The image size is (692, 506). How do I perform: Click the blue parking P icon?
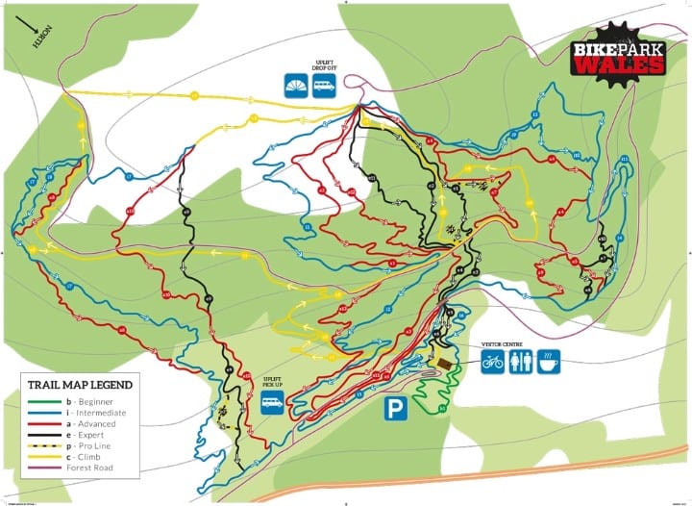[x=396, y=408]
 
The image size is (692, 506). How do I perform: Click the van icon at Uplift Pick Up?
[x=272, y=404]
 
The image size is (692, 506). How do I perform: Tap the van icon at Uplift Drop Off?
[x=325, y=89]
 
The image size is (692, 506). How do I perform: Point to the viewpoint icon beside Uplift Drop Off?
[x=296, y=89]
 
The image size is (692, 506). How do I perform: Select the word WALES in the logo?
[x=620, y=65]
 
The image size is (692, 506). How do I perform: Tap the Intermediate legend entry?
[x=85, y=413]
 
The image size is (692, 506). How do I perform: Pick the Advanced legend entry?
[x=81, y=424]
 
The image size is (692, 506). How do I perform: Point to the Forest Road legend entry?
[x=81, y=468]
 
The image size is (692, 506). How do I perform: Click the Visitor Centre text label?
[x=504, y=343]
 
